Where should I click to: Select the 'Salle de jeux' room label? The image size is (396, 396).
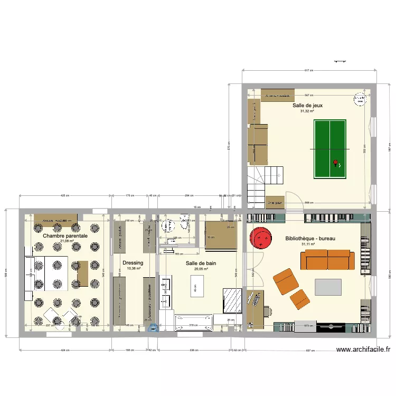click(x=307, y=106)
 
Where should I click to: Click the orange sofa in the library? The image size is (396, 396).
click(x=327, y=259)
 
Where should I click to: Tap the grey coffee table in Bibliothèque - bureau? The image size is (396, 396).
click(x=328, y=287)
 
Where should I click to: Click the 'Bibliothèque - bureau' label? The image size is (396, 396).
click(x=310, y=239)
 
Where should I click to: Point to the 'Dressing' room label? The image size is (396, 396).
click(x=133, y=262)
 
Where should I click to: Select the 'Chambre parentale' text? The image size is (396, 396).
click(x=65, y=236)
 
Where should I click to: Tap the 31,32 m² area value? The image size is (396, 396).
click(x=307, y=111)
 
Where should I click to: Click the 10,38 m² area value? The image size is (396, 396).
click(x=134, y=268)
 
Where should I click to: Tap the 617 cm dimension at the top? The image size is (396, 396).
click(x=309, y=70)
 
